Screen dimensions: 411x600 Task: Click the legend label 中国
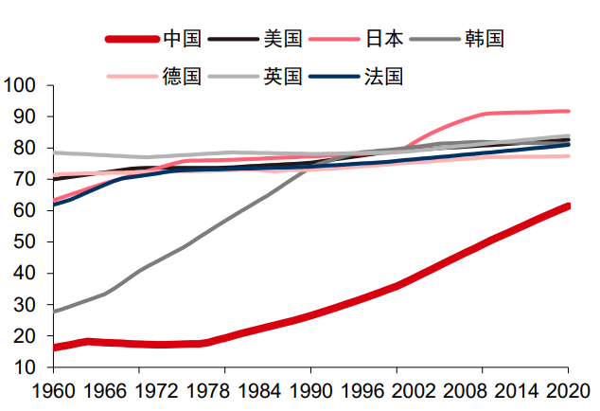pyautogui.click(x=182, y=39)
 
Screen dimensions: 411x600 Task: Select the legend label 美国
pyautogui.click(x=283, y=39)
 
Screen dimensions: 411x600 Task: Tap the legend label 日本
pyautogui.click(x=384, y=39)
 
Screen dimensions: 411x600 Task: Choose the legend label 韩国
pyautogui.click(x=485, y=39)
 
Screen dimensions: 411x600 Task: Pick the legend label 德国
pyautogui.click(x=182, y=76)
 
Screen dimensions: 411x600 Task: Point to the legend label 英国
pyautogui.click(x=283, y=76)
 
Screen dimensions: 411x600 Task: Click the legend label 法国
pyautogui.click(x=384, y=76)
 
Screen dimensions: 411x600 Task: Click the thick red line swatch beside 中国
pyautogui.click(x=131, y=39)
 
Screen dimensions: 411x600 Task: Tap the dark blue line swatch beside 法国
pyautogui.click(x=333, y=76)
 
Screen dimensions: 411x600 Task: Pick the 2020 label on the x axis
pyautogui.click(x=568, y=389)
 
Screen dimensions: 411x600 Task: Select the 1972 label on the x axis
pyautogui.click(x=138, y=389)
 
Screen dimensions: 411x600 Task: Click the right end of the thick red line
pyautogui.click(x=569, y=205)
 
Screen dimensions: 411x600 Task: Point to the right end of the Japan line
pyautogui.click(x=569, y=111)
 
